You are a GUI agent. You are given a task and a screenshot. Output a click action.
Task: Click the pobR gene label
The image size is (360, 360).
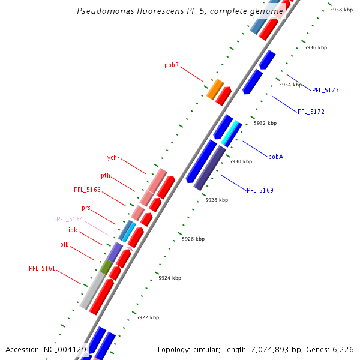tap(172, 65)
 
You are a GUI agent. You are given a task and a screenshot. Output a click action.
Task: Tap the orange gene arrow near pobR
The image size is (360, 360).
tap(215, 89)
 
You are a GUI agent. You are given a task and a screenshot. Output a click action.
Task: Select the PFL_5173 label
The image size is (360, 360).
tap(325, 91)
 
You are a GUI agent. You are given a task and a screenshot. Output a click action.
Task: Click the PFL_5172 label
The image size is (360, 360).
tap(311, 112)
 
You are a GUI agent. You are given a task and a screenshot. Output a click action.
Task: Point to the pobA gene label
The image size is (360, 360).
tap(275, 157)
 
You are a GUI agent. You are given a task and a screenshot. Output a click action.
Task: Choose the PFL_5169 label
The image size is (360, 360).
tap(260, 191)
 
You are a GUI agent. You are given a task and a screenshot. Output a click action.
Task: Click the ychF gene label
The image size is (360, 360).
tap(113, 158)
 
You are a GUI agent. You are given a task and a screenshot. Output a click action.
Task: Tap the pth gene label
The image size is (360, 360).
tap(106, 176)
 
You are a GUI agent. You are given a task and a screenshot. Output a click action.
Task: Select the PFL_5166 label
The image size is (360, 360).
tap(87, 190)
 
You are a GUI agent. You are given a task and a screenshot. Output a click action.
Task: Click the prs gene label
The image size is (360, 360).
tap(86, 208)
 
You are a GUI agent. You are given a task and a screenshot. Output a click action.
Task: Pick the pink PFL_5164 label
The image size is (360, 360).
tap(70, 220)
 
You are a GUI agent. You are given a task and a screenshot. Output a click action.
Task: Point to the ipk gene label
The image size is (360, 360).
tap(73, 230)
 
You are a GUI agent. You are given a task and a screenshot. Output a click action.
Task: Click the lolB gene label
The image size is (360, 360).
tap(64, 245)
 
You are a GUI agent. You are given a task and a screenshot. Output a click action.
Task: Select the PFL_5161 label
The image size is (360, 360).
tap(42, 269)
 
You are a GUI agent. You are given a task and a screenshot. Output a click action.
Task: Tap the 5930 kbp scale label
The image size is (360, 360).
tap(241, 162)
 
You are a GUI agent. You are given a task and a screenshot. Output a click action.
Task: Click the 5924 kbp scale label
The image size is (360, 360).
tap(169, 278)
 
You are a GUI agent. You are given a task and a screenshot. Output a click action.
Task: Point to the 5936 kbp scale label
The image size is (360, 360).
tap(315, 47)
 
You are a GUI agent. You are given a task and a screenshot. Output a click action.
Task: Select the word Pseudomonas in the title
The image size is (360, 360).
tap(104, 11)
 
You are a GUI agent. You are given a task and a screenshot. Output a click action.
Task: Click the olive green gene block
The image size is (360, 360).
tap(106, 267)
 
